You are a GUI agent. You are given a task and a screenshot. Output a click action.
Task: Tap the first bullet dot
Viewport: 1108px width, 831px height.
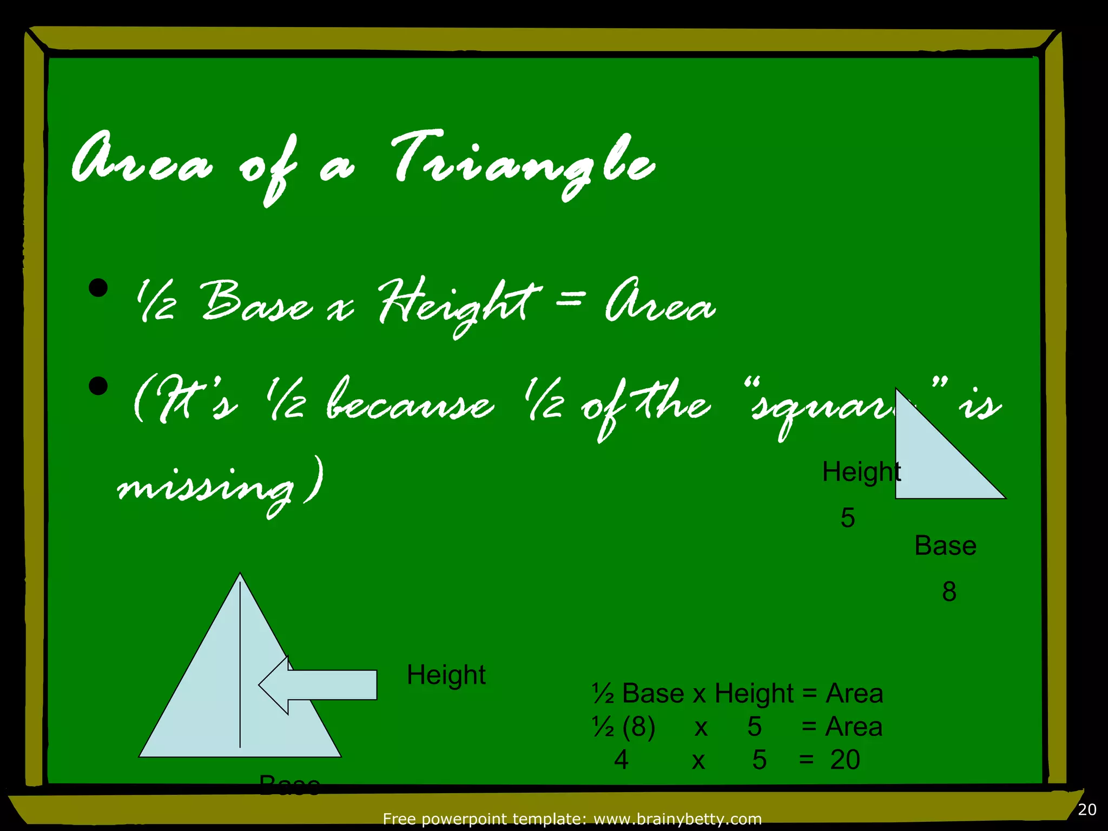pyautogui.click(x=98, y=288)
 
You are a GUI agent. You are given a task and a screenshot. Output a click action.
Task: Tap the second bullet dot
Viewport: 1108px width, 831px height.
pyautogui.click(x=98, y=386)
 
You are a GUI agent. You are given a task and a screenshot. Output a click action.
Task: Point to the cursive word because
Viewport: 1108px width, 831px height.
pyautogui.click(x=410, y=403)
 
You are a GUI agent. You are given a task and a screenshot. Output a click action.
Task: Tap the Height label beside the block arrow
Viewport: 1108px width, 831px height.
pyautogui.click(x=446, y=675)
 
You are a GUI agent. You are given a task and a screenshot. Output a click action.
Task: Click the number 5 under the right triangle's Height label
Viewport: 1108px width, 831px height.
pyautogui.click(x=848, y=518)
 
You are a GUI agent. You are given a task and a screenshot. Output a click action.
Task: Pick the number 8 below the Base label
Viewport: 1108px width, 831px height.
pyautogui.click(x=949, y=592)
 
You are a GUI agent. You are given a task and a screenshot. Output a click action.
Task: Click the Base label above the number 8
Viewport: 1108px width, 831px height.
pyautogui.click(x=945, y=546)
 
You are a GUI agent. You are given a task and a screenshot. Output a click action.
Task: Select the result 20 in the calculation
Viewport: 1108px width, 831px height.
pyautogui.click(x=845, y=760)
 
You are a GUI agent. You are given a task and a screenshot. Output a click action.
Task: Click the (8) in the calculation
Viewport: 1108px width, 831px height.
pyautogui.click(x=638, y=727)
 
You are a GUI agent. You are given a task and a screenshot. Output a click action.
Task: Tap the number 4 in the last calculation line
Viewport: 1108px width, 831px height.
pyautogui.click(x=621, y=760)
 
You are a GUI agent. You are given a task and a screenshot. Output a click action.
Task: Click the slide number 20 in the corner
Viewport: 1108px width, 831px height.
pyautogui.click(x=1087, y=810)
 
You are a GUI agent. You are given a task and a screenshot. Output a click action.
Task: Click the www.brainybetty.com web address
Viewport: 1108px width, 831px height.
pyautogui.click(x=677, y=820)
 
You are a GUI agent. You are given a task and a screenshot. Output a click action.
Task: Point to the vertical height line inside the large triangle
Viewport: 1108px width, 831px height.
pyautogui.click(x=240, y=665)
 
